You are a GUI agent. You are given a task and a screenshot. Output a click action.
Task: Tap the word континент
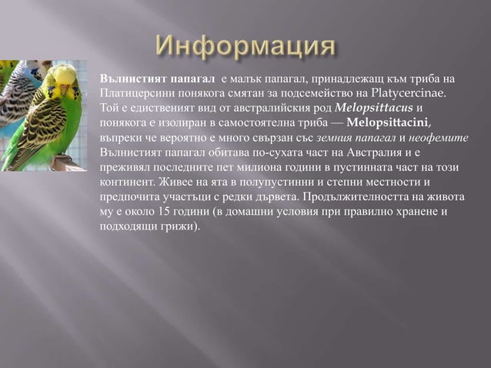125,182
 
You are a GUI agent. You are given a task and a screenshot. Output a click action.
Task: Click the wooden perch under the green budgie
68,164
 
